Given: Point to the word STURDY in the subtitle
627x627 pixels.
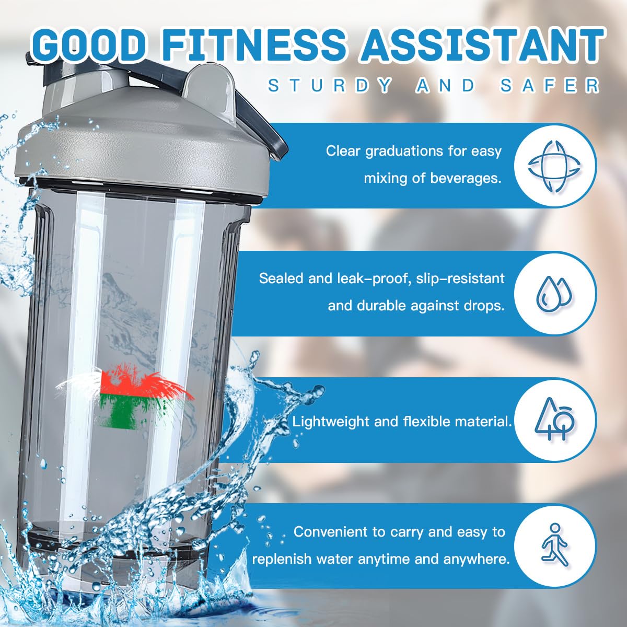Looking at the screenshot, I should coord(330,85).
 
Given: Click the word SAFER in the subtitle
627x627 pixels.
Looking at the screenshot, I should coord(549,85).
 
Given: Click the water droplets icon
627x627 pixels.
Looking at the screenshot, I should coord(555,293).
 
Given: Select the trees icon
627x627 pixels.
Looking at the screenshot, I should coord(555,419).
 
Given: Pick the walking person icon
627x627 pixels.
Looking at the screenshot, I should coord(555,544).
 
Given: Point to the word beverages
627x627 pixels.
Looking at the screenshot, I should coord(466,179).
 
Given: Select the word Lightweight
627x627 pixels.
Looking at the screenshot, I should coord(331,422).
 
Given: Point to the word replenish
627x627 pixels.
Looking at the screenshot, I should coord(281,560).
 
